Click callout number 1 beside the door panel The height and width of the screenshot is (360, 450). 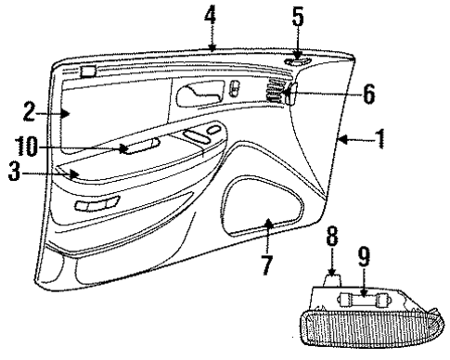[x=380, y=140]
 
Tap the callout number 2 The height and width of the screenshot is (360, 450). [x=29, y=113]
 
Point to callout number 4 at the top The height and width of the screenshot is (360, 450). [x=212, y=16]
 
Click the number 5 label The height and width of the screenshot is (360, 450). [x=298, y=17]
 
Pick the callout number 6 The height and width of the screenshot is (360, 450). [x=368, y=93]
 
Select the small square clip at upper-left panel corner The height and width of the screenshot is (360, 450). [x=87, y=70]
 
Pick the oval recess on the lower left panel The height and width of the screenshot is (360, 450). [x=97, y=204]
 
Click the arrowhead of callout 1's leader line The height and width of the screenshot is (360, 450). [x=340, y=140]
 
